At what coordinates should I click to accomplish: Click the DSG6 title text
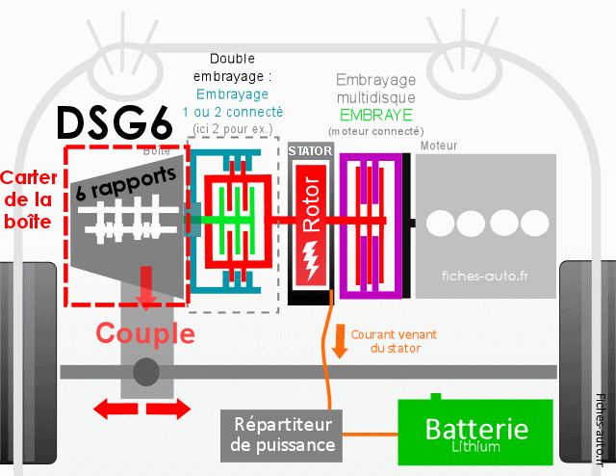(115, 122)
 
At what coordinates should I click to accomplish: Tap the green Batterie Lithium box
(475, 432)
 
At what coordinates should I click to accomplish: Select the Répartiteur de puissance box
(281, 436)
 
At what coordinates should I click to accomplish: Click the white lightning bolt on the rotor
(311, 260)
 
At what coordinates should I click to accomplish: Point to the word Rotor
(311, 203)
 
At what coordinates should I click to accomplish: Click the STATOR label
(310, 150)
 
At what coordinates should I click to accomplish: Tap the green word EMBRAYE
(376, 115)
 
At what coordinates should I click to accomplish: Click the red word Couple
(145, 334)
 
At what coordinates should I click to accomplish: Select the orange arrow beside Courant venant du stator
(339, 341)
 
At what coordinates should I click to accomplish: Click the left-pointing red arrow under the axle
(115, 409)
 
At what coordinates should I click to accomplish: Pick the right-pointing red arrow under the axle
(168, 409)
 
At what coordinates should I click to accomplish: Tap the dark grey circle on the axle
(146, 372)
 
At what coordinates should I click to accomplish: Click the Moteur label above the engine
(439, 145)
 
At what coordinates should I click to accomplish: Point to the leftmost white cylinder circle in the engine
(441, 223)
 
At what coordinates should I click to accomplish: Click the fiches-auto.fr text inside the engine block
(485, 277)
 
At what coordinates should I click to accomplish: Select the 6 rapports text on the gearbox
(126, 183)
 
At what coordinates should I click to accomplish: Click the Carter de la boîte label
(28, 199)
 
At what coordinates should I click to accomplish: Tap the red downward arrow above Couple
(145, 288)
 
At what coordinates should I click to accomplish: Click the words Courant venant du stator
(394, 341)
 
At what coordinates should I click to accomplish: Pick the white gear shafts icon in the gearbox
(128, 220)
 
